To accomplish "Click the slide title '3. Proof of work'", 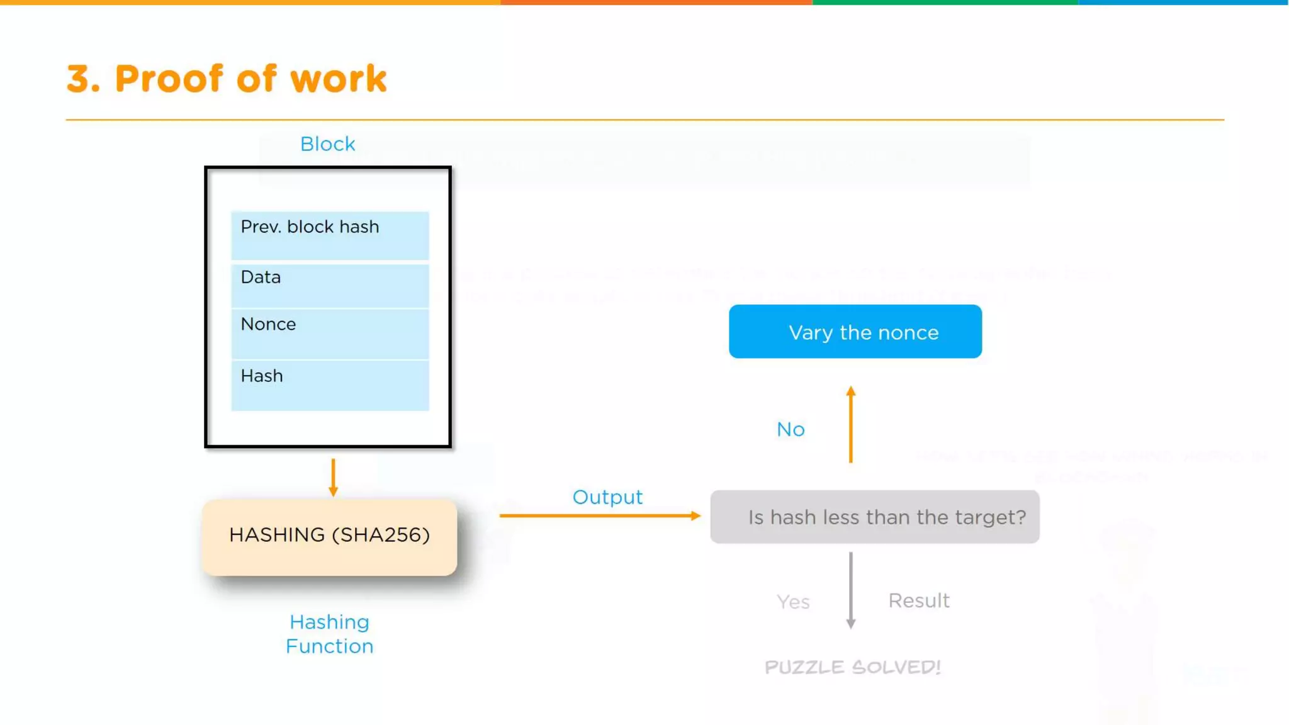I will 227,79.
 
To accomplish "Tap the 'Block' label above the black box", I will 327,144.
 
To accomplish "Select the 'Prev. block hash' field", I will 330,235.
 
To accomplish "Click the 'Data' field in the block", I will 330,285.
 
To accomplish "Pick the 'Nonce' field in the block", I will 330,333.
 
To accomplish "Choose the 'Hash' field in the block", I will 330,385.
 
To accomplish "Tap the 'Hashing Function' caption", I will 329,634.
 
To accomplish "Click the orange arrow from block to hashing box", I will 333,478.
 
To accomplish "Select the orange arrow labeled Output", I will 598,515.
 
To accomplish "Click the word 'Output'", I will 607,497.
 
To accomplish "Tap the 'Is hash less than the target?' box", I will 875,517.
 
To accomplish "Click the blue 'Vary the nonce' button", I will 855,332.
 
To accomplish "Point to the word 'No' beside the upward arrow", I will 791,429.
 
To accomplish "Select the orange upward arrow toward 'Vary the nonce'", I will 851,425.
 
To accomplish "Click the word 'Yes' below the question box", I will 793,602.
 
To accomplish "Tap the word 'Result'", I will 919,601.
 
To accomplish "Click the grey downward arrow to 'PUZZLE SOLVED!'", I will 851,590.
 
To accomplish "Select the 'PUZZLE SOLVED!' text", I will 853,667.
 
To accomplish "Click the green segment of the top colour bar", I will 944,3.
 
